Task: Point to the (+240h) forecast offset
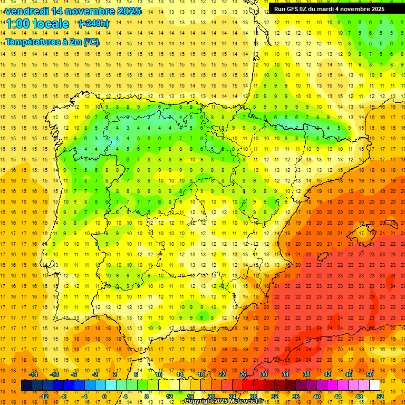pyautogui.click(x=94, y=24)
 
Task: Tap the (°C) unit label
pyautogui.click(x=90, y=42)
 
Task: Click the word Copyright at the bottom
pyautogui.click(x=199, y=401)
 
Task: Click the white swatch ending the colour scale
pyautogui.click(x=374, y=385)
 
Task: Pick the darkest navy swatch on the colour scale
pyautogui.click(x=26, y=385)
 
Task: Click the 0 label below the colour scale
pyautogui.click(x=104, y=396)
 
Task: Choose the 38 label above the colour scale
pyautogui.click(x=307, y=374)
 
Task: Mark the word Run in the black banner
pyautogui.click(x=279, y=9)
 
